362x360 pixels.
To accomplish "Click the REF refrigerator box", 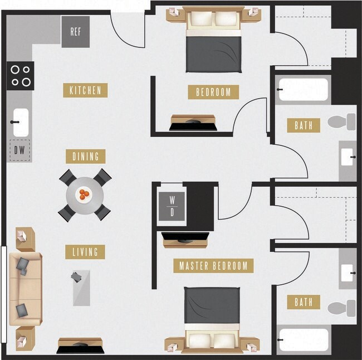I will (76, 31).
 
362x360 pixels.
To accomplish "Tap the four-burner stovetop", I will (21, 76).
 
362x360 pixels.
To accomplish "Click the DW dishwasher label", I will (19, 149).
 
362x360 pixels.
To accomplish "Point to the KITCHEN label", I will (85, 90).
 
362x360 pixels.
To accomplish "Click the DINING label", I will (85, 156).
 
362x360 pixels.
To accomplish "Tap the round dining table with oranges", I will (85, 194).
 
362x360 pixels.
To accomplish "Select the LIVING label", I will (85, 252).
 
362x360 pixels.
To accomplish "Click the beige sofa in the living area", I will (25, 289).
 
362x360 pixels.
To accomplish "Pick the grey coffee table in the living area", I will (81, 287).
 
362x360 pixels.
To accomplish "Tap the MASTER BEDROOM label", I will (213, 266).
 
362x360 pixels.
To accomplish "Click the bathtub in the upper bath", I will (303, 89).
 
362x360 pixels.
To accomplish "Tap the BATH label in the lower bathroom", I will (304, 302).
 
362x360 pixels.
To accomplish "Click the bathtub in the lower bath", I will (304, 340).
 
